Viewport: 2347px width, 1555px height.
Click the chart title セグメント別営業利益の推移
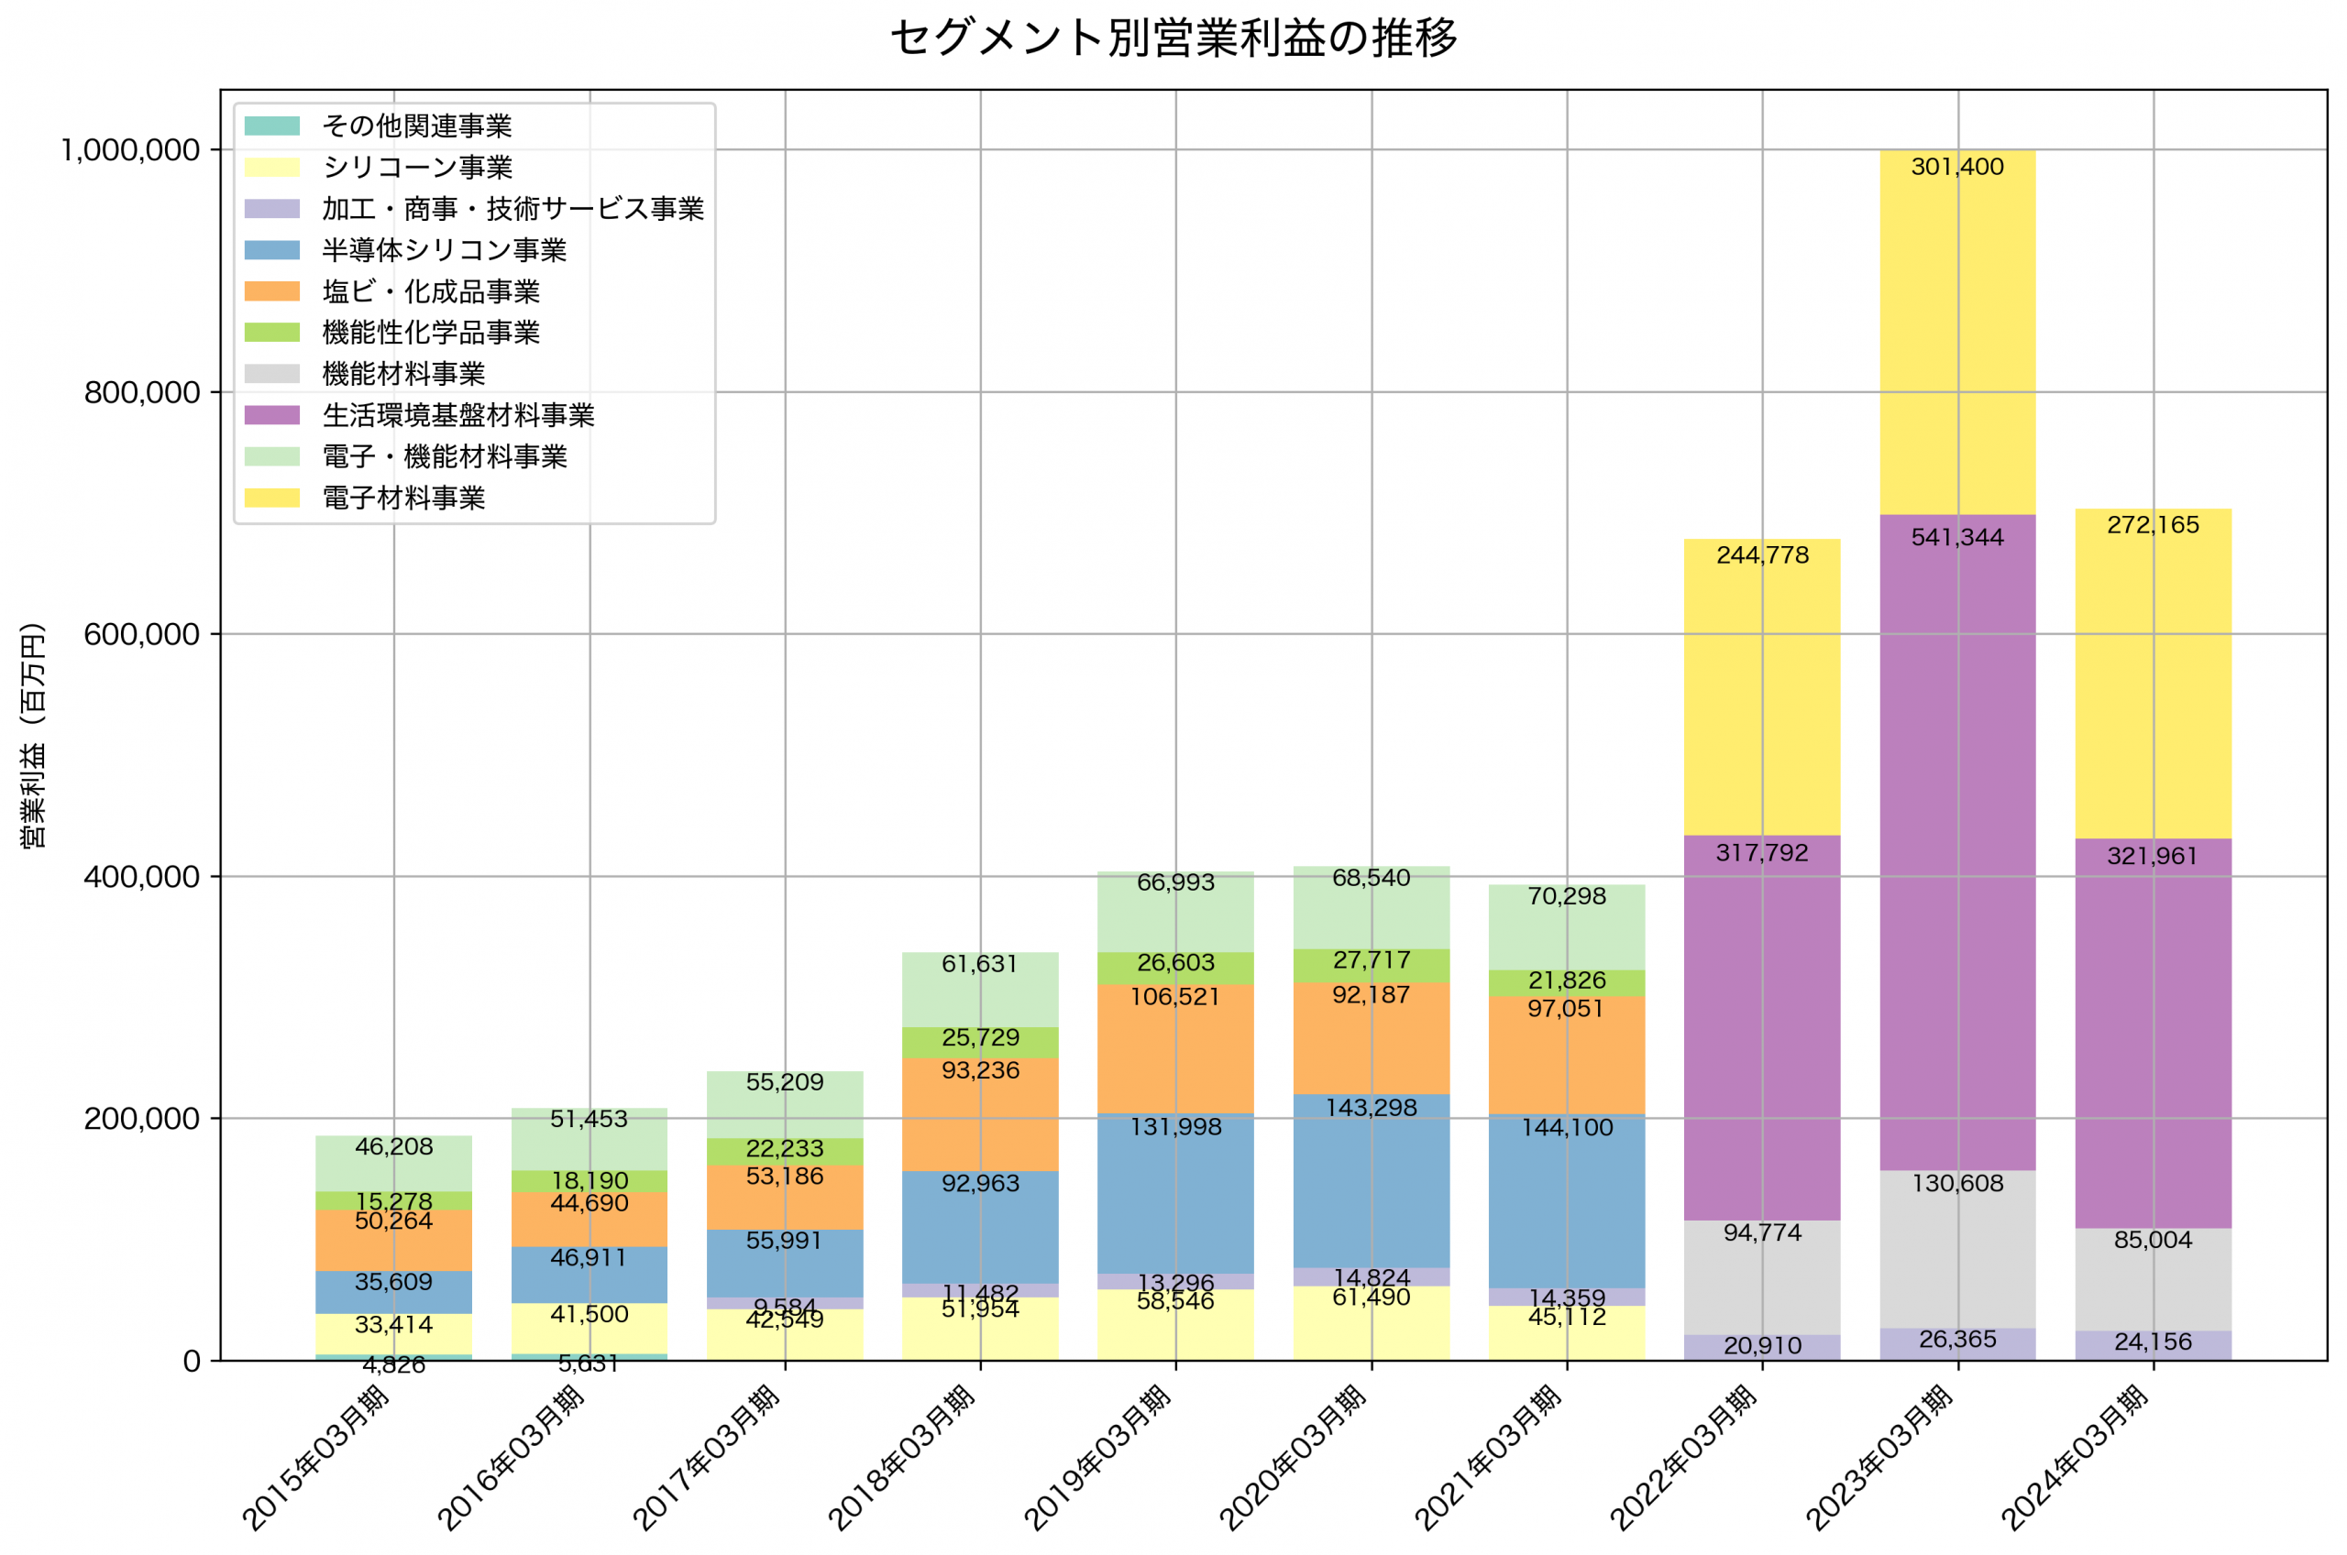[x=1173, y=38]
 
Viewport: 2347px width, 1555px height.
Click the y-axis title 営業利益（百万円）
[x=33, y=735]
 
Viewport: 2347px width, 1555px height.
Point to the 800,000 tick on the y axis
[x=142, y=393]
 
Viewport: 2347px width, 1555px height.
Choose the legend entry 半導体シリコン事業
[x=444, y=250]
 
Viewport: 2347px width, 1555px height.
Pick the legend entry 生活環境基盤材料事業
[x=457, y=414]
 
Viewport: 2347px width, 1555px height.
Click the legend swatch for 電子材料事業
[x=271, y=498]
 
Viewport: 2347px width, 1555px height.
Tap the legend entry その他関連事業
[x=416, y=126]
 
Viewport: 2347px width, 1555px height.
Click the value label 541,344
[x=1957, y=538]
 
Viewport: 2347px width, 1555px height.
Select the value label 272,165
[x=2153, y=525]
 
